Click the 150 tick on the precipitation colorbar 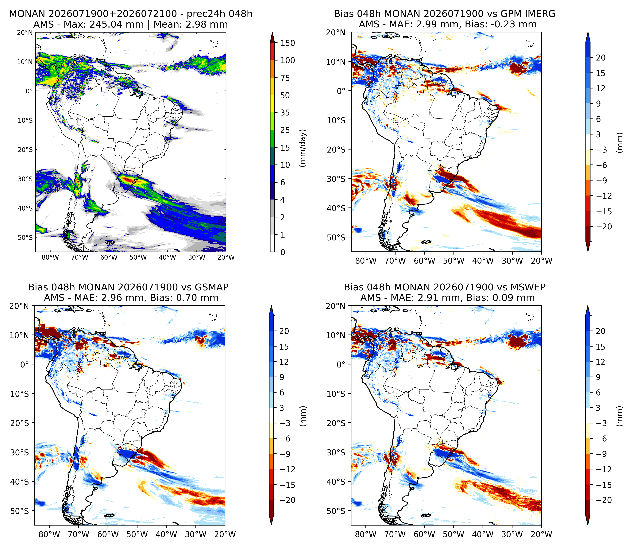click(288, 43)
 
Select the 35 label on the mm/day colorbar click(285, 113)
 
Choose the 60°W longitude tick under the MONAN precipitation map click(109, 258)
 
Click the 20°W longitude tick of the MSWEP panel click(541, 534)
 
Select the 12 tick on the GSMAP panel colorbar click(284, 362)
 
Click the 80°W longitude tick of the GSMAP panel click(49, 534)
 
